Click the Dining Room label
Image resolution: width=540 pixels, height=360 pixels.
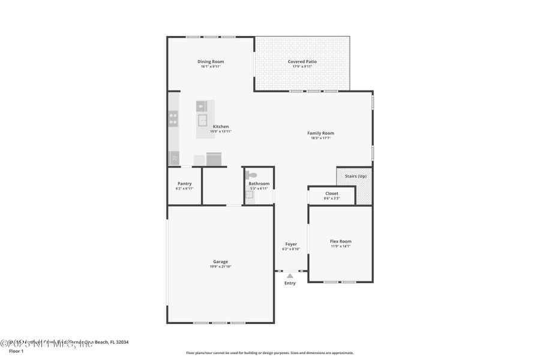click(x=211, y=61)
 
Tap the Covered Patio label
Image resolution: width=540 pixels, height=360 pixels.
click(x=302, y=61)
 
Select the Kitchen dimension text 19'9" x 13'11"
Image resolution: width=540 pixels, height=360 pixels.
click(x=220, y=131)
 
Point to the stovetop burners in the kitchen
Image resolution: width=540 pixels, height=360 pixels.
click(x=173, y=118)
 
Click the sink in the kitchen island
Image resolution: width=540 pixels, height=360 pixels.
click(x=203, y=120)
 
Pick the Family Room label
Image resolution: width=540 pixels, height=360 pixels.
click(x=320, y=133)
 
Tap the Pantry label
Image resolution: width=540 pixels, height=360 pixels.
click(x=184, y=184)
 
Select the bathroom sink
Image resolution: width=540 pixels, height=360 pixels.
click(x=250, y=194)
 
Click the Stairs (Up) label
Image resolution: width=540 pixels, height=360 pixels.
click(x=354, y=176)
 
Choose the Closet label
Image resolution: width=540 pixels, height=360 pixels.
click(x=331, y=193)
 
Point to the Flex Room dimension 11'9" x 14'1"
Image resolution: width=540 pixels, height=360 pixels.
click(x=340, y=246)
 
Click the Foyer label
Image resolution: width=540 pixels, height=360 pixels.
click(x=291, y=244)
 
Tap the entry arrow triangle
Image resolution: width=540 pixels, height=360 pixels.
click(x=290, y=276)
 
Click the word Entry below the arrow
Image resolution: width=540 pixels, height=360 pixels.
click(x=290, y=283)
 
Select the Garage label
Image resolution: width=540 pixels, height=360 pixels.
click(x=220, y=262)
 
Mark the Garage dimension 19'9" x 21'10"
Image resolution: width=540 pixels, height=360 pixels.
click(x=220, y=266)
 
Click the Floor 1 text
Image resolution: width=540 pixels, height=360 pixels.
click(x=16, y=351)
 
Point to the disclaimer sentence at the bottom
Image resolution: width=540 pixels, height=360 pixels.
click(x=269, y=353)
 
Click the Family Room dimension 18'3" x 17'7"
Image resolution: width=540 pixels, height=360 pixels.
click(x=320, y=138)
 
